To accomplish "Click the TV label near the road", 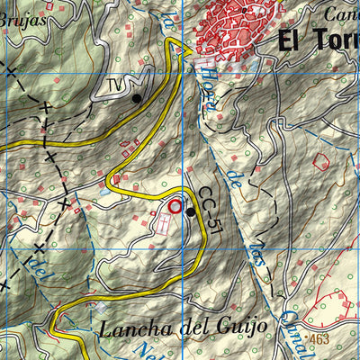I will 114,85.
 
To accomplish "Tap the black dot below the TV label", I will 137,98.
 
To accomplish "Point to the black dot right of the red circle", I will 191,212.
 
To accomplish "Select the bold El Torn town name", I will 319,41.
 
